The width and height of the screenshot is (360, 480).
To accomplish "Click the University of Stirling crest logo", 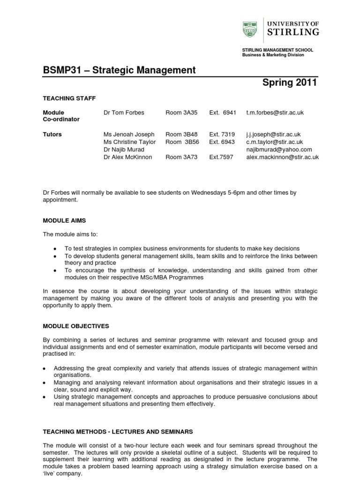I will point(250,29).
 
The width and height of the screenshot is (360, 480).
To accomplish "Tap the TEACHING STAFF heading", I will point(69,98).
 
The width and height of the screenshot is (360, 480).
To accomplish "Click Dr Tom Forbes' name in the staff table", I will point(124,112).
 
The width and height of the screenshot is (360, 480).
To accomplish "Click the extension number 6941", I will point(229,112).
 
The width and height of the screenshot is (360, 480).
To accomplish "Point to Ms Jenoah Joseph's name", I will point(129,135).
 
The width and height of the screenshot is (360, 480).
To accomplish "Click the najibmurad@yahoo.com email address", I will point(279,150).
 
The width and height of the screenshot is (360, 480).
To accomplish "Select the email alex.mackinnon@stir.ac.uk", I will point(282,157).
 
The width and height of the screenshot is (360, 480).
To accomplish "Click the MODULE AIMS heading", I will point(64,220).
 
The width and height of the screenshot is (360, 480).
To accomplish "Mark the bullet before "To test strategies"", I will point(56,249).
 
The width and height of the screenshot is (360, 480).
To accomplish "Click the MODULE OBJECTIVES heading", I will point(75,326).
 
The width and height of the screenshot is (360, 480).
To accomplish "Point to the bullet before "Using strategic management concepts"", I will point(45,397).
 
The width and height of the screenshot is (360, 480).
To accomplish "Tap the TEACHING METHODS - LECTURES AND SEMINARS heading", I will point(118,432).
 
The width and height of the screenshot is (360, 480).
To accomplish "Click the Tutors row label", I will point(52,135).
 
